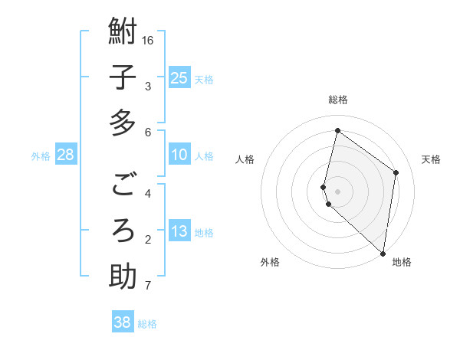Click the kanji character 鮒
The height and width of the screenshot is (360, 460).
tap(123, 32)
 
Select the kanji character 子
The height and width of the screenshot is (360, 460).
tap(123, 78)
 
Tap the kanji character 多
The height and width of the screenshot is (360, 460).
tap(123, 123)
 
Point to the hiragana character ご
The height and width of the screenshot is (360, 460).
tap(123, 185)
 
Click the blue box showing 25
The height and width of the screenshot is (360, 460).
tap(179, 77)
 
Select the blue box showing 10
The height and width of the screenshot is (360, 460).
tap(179, 155)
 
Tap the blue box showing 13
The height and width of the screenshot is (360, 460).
tap(179, 232)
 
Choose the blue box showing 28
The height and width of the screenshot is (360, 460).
tap(66, 155)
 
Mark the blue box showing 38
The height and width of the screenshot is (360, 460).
tap(123, 322)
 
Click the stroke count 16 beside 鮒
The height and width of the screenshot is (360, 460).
tap(149, 39)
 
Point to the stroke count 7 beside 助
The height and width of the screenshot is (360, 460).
tap(147, 286)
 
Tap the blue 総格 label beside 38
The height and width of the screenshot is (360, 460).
tap(147, 324)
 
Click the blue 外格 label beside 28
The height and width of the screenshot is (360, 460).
tap(41, 156)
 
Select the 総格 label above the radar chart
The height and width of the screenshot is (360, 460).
tap(337, 100)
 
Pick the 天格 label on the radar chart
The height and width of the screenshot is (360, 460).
tap(431, 159)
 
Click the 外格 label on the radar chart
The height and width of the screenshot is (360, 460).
tap(270, 262)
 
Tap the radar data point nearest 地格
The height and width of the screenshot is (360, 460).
tap(383, 253)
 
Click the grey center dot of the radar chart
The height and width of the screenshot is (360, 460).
tap(337, 190)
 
